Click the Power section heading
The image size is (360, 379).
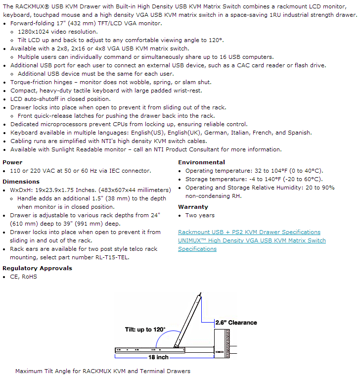pos(12,162)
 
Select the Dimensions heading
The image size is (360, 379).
pos(21,182)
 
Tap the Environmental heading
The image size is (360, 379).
pos(201,162)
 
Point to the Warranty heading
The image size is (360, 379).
pos(193,207)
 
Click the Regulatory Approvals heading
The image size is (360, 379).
pos(37,268)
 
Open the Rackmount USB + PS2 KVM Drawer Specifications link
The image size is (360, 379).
pos(249,232)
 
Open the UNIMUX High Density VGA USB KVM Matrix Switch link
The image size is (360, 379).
pos(252,240)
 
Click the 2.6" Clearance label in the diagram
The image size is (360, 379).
pos(236,323)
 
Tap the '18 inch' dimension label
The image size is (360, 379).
pos(158,357)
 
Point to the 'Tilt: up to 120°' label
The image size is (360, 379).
pos(145,330)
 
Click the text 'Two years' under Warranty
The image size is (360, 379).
pos(200,215)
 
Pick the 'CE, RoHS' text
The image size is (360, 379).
pos(23,277)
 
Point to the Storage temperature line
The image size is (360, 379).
pos(254,179)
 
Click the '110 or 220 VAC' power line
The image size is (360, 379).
pos(80,171)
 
